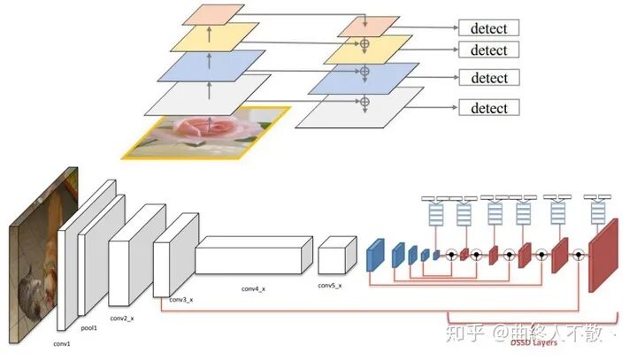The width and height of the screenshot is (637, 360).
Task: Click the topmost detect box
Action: coord(488,28)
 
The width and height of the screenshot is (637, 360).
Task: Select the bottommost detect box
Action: coord(488,108)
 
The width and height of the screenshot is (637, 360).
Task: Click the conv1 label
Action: coord(62,343)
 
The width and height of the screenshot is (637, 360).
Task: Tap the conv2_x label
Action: coord(122,317)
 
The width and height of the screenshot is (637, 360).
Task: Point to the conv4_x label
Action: coord(254,289)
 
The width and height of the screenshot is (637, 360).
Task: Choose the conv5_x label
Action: coord(329,285)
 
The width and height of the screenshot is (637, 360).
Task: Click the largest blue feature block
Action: coord(375,253)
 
